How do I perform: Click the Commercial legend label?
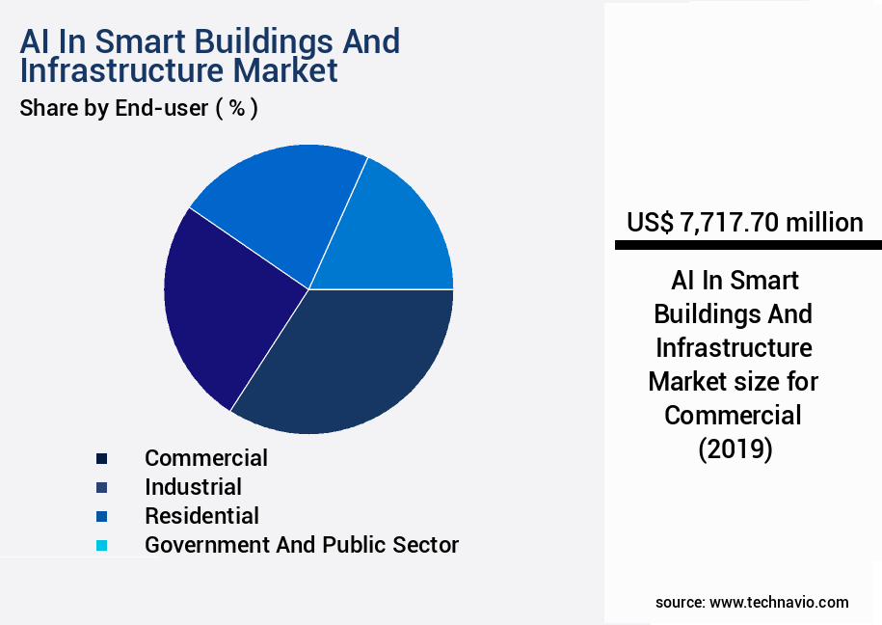pos(206,457)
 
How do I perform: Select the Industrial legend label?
pos(193,487)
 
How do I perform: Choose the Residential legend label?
pos(201,516)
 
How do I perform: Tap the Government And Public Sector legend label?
pos(302,545)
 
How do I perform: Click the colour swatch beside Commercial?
pos(101,458)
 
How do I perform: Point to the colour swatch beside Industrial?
pos(101,487)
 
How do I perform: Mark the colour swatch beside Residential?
pos(101,517)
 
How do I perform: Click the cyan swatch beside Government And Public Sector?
pos(101,546)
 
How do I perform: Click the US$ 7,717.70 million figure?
pos(744,223)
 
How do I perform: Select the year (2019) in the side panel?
pos(735,449)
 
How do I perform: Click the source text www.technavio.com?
pos(779,602)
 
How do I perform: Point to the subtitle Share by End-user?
pos(114,108)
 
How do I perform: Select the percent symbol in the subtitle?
pos(236,108)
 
